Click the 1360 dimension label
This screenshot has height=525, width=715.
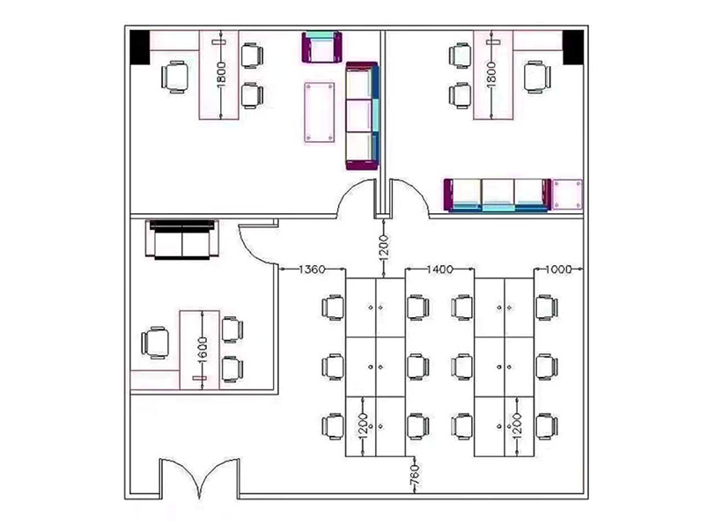coord(313,270)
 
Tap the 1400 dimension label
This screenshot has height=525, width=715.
coord(439,270)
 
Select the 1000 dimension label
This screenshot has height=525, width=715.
coord(558,270)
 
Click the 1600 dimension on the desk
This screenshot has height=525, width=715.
coord(203,350)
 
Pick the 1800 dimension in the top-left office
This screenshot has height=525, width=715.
coord(221,74)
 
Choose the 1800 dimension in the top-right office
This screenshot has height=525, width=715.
coord(491,74)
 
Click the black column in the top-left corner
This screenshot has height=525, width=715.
coord(139,48)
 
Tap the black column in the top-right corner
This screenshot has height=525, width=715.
coord(573,48)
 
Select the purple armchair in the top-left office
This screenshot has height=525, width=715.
coord(322,47)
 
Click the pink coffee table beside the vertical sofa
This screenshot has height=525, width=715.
coord(319,112)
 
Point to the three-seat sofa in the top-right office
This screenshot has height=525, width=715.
coord(498,196)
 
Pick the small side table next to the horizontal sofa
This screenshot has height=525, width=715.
coord(568,195)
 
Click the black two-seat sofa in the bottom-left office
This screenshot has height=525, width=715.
coord(182,240)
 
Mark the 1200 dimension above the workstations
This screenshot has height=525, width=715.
coord(384,248)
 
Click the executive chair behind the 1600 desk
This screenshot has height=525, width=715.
coord(155,343)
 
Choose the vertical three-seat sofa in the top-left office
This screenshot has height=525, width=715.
coord(362,116)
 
